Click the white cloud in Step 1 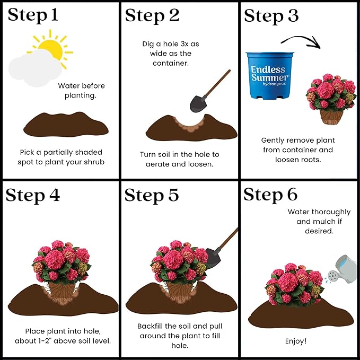(x=33, y=71)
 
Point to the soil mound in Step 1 (x=66, y=125)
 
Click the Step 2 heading (x=152, y=15)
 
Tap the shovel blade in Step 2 (x=198, y=102)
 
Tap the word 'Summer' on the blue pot (x=269, y=78)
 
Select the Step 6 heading (x=270, y=195)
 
